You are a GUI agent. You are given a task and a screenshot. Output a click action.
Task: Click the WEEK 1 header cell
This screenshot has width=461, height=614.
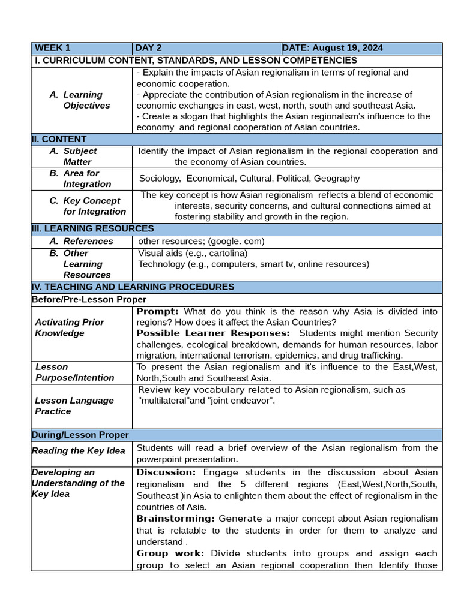pyautogui.click(x=53, y=48)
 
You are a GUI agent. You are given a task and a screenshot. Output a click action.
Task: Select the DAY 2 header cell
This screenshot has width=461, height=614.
pyautogui.click(x=148, y=48)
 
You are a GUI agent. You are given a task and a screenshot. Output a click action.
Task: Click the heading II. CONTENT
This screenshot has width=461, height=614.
pyautogui.click(x=59, y=139)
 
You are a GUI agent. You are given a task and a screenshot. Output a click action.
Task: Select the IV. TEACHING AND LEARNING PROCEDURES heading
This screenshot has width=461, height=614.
pyautogui.click(x=133, y=287)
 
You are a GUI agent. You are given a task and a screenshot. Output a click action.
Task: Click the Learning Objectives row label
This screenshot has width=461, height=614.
pyautogui.click(x=86, y=100)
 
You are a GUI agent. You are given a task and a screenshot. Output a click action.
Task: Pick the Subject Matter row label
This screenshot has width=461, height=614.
pyautogui.click(x=80, y=156)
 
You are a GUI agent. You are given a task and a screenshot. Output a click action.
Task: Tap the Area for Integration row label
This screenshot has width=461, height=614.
pyautogui.click(x=87, y=179)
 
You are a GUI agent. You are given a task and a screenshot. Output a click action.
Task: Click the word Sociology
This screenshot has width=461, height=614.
pyautogui.click(x=160, y=179)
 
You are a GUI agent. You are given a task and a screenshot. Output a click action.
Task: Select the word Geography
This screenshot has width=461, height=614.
pyautogui.click(x=336, y=179)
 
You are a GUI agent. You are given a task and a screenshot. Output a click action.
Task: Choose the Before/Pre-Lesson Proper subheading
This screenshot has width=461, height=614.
pyautogui.click(x=89, y=299)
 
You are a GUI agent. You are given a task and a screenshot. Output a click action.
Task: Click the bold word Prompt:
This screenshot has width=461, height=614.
pyautogui.click(x=158, y=311)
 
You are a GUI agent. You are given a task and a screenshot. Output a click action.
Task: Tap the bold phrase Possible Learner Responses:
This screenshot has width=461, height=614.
pyautogui.click(x=213, y=333)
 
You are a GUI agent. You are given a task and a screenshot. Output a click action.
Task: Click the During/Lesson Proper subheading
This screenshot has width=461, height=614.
pyautogui.click(x=80, y=435)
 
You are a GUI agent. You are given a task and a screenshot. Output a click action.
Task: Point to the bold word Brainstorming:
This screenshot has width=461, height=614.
pyautogui.click(x=176, y=518)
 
